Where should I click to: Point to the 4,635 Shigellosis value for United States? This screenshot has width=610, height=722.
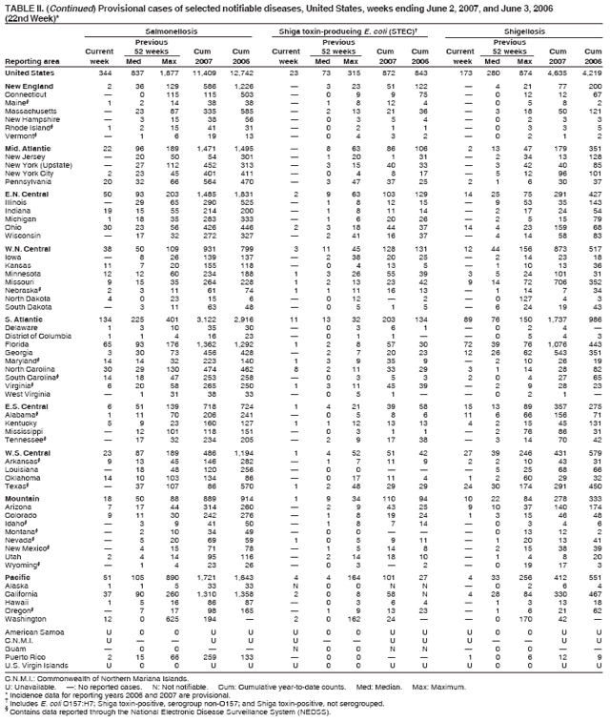[x=560, y=72]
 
